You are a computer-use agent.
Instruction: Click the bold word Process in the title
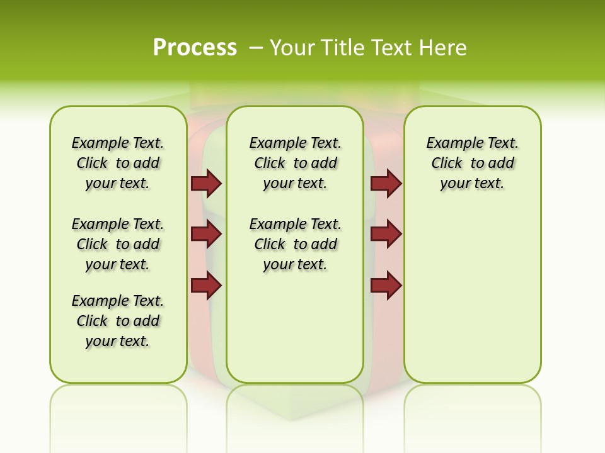[x=195, y=48]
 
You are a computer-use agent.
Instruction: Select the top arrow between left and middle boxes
[x=206, y=183]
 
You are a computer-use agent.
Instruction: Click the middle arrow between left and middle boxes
[x=206, y=235]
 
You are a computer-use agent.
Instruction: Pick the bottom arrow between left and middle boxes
[x=206, y=286]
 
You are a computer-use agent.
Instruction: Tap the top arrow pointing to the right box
[x=386, y=183]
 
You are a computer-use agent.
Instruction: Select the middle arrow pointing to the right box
[x=386, y=235]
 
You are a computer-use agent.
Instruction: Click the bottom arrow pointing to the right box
[x=386, y=286]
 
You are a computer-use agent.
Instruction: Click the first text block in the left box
[x=118, y=163]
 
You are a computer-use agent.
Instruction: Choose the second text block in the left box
[x=118, y=244]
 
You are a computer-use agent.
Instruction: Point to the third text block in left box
[x=118, y=321]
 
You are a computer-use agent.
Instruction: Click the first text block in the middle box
[x=295, y=163]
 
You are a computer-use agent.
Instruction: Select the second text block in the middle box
[x=295, y=244]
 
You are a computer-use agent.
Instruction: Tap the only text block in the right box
[x=472, y=163]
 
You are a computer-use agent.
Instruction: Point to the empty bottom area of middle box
[x=295, y=327]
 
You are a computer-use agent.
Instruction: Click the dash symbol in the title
[x=256, y=48]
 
